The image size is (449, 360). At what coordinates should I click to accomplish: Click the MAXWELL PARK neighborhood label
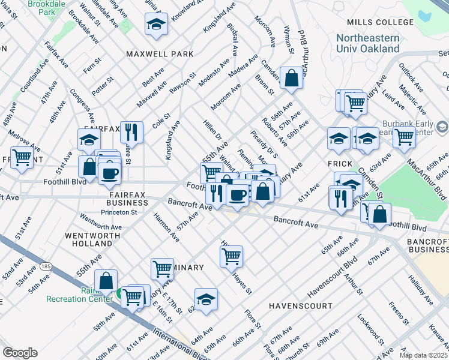(x=160, y=54)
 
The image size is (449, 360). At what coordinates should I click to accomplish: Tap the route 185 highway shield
(x=45, y=265)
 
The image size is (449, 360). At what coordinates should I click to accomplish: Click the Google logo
(x=20, y=352)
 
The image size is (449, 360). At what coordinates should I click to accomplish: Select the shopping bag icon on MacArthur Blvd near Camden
(x=291, y=78)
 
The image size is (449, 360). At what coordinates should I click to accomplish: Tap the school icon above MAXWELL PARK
(x=156, y=24)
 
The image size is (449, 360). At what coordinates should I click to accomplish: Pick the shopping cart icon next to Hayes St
(x=231, y=257)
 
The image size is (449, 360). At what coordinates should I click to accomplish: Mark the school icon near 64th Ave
(x=206, y=298)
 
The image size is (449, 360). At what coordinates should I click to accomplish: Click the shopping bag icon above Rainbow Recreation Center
(x=106, y=280)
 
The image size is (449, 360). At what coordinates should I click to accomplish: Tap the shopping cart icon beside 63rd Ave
(x=404, y=137)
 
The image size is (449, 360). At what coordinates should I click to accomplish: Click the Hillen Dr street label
(x=212, y=130)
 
